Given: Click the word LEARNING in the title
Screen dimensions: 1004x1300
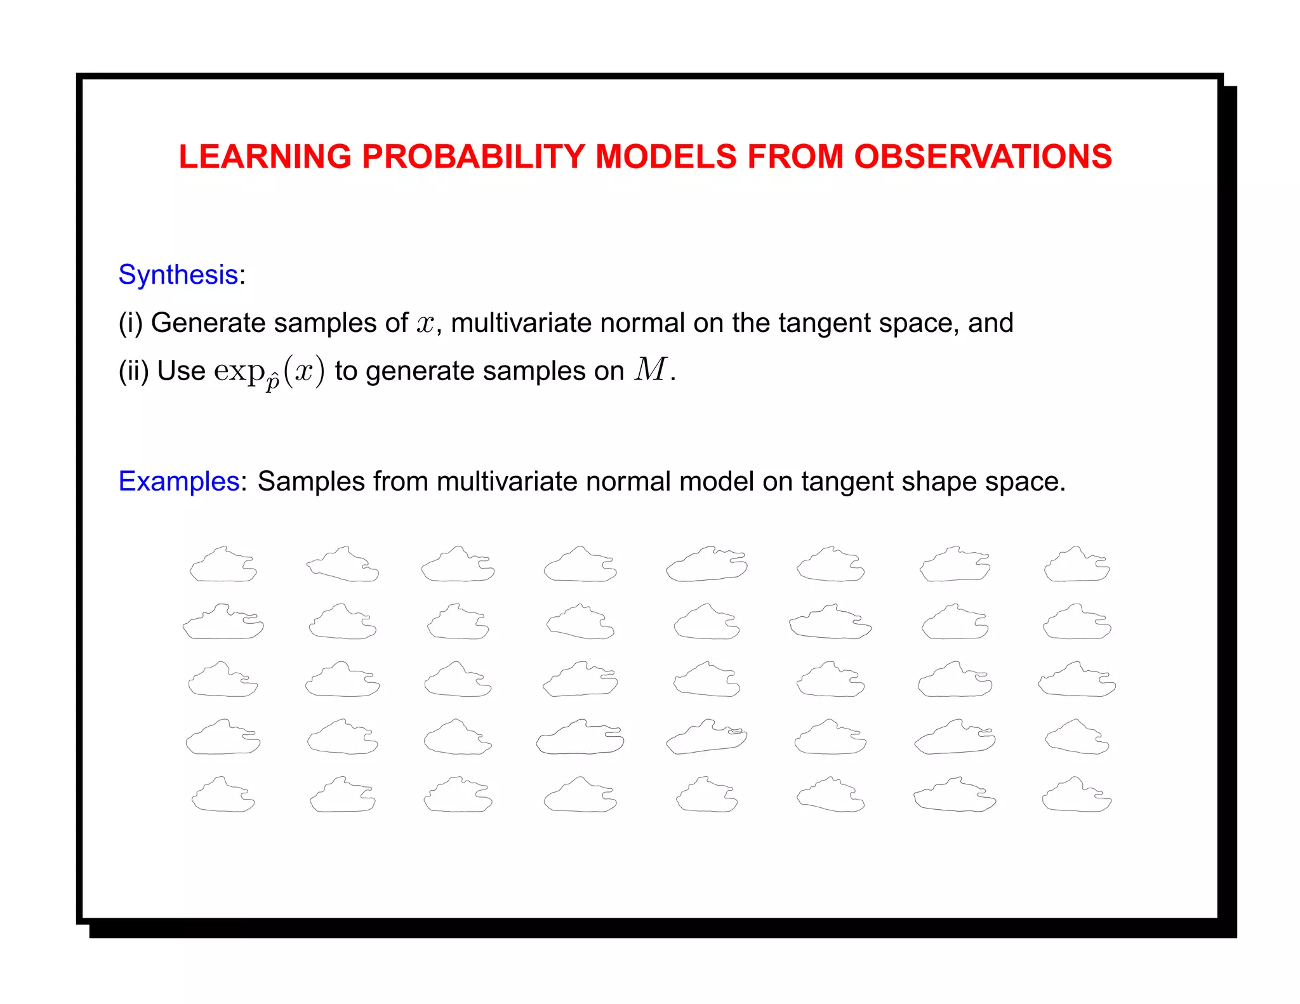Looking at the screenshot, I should click(x=265, y=157).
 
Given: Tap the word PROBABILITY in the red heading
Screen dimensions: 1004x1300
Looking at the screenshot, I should click(x=473, y=157).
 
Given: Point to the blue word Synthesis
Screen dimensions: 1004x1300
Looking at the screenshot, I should click(x=178, y=275).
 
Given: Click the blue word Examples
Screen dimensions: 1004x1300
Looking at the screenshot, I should click(x=179, y=481).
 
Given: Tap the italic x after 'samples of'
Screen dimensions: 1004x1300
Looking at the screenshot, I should click(x=425, y=324).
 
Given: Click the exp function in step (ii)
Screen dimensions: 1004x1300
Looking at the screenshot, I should click(x=239, y=371).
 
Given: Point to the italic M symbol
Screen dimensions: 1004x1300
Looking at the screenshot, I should click(x=651, y=369).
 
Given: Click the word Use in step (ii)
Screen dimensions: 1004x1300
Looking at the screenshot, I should click(x=181, y=371).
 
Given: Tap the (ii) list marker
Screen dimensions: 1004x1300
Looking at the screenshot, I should click(x=133, y=371).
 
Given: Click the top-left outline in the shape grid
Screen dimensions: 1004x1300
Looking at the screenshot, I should click(x=223, y=564).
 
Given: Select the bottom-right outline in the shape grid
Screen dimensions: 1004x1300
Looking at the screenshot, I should click(x=1077, y=795).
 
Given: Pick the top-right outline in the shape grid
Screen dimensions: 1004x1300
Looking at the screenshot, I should click(x=1077, y=564).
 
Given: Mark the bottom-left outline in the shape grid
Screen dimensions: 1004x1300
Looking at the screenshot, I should click(x=223, y=795).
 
